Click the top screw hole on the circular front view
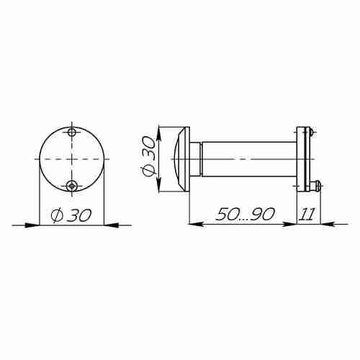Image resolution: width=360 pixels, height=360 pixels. point(71,132)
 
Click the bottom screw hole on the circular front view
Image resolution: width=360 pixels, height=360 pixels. point(71,186)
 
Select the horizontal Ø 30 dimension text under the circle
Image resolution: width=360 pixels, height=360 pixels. point(71,215)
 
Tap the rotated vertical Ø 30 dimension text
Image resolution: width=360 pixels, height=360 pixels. point(148,156)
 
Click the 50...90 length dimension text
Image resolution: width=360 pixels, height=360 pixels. point(245,214)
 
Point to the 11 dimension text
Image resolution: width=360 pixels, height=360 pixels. point(307,214)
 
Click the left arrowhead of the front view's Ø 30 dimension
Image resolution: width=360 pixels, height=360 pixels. point(32,225)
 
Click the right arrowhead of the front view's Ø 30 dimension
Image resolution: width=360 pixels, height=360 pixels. point(111,225)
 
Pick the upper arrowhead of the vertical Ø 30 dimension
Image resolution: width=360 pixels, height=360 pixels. point(158,134)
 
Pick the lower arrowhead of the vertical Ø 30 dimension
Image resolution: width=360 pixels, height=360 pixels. point(158,184)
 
